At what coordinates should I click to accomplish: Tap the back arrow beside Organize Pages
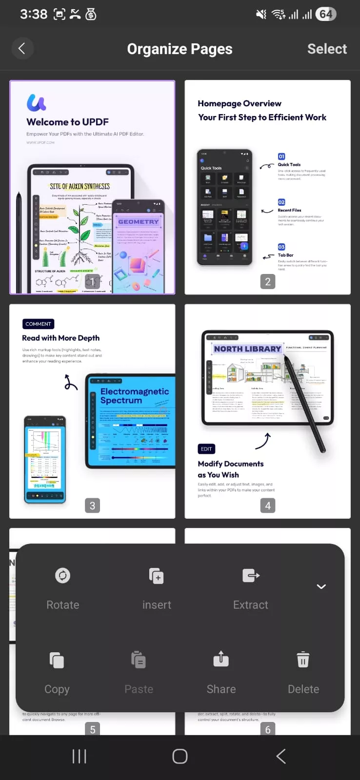coord(22,48)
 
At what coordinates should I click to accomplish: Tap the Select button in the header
coord(327,49)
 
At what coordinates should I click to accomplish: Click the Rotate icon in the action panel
coord(62,576)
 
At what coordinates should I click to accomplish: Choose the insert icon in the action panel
coord(156,576)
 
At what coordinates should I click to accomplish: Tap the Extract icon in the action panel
coord(251,576)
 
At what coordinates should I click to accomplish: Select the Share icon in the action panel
coord(221,660)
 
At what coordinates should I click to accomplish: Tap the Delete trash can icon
coord(303,660)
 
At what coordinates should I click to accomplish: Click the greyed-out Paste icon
coord(139,660)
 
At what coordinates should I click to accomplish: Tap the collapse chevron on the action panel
coord(321,586)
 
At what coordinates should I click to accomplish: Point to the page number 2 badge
coord(267,281)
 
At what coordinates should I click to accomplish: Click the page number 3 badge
coord(92,506)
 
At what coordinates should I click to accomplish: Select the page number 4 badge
coord(267,506)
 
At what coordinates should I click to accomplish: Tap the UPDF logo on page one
coord(37,102)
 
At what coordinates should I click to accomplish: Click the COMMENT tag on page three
coord(38,324)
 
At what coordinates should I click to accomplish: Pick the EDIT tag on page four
coord(206,449)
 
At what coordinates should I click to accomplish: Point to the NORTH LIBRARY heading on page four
coord(247,349)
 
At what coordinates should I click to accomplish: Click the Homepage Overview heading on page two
coord(240,103)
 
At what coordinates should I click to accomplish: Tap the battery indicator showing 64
coord(326,14)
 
